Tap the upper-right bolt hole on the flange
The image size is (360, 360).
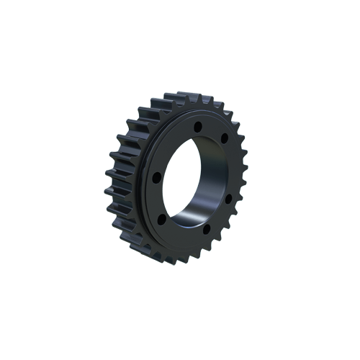[x=225, y=136]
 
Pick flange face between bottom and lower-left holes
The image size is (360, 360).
[x=188, y=228]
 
